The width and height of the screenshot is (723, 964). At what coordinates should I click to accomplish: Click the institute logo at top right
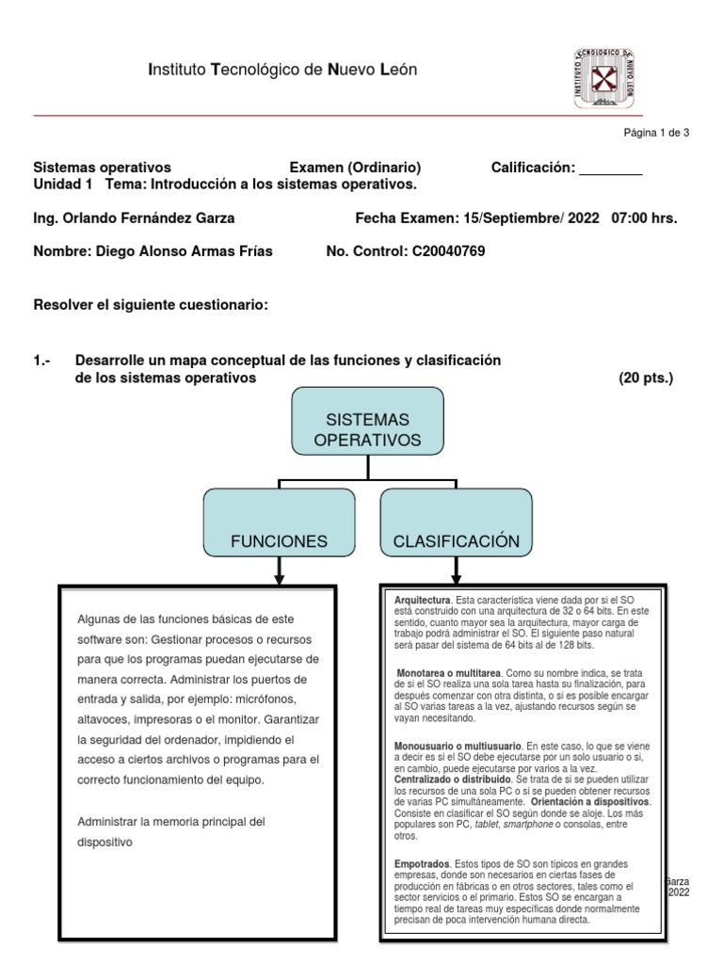coord(603,77)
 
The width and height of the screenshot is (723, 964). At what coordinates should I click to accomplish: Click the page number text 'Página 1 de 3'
coord(657,133)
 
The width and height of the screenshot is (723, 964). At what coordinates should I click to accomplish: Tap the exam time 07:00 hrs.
coord(644,218)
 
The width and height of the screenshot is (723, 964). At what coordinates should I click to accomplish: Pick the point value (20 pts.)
coord(646,378)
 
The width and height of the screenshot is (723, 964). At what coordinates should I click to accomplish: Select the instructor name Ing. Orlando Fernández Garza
coord(134,218)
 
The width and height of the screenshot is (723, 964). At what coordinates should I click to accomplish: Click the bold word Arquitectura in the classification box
coord(422,600)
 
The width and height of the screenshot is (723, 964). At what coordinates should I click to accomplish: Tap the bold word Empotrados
coord(422,863)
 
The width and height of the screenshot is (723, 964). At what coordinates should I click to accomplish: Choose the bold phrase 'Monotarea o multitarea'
coord(449,674)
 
